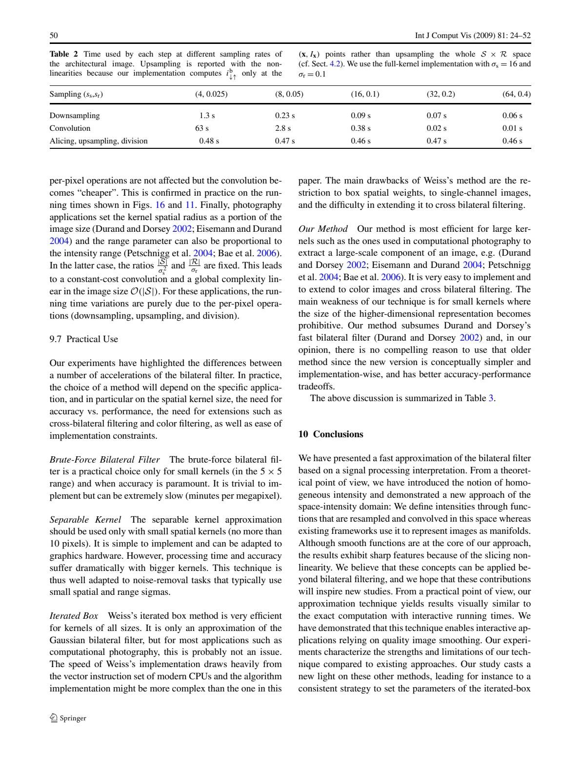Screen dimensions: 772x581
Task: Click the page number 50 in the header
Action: point(54,35)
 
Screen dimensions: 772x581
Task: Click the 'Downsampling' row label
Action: point(75,116)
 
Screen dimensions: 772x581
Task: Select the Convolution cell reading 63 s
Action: point(202,128)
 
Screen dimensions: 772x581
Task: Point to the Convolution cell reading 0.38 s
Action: point(361,128)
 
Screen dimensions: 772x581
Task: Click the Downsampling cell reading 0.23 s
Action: point(285,116)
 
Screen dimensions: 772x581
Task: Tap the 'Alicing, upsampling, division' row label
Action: point(99,141)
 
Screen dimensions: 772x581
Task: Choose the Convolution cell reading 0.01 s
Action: point(512,128)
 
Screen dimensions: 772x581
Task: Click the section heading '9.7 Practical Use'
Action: point(84,339)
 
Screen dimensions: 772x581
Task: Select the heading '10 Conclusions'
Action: point(331,434)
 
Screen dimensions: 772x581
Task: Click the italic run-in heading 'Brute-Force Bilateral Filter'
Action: point(105,460)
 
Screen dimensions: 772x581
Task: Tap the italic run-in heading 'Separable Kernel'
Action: point(85,520)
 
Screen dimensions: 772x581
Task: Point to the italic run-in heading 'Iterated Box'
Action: point(74,616)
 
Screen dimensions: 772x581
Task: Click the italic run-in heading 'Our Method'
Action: point(323,229)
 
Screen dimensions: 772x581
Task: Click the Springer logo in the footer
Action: point(68,718)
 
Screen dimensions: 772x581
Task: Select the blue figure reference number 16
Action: point(160,205)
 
